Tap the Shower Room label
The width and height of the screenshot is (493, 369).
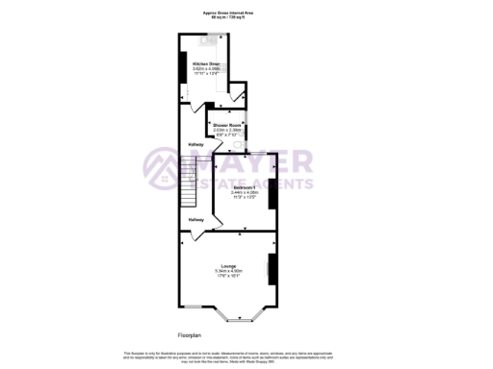point(226,125)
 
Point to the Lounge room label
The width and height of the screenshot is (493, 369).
point(228,266)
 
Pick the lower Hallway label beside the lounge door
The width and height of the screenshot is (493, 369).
point(196,220)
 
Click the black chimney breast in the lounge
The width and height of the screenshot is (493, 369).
point(271,269)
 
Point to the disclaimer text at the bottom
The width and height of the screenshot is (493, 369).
point(246,356)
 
